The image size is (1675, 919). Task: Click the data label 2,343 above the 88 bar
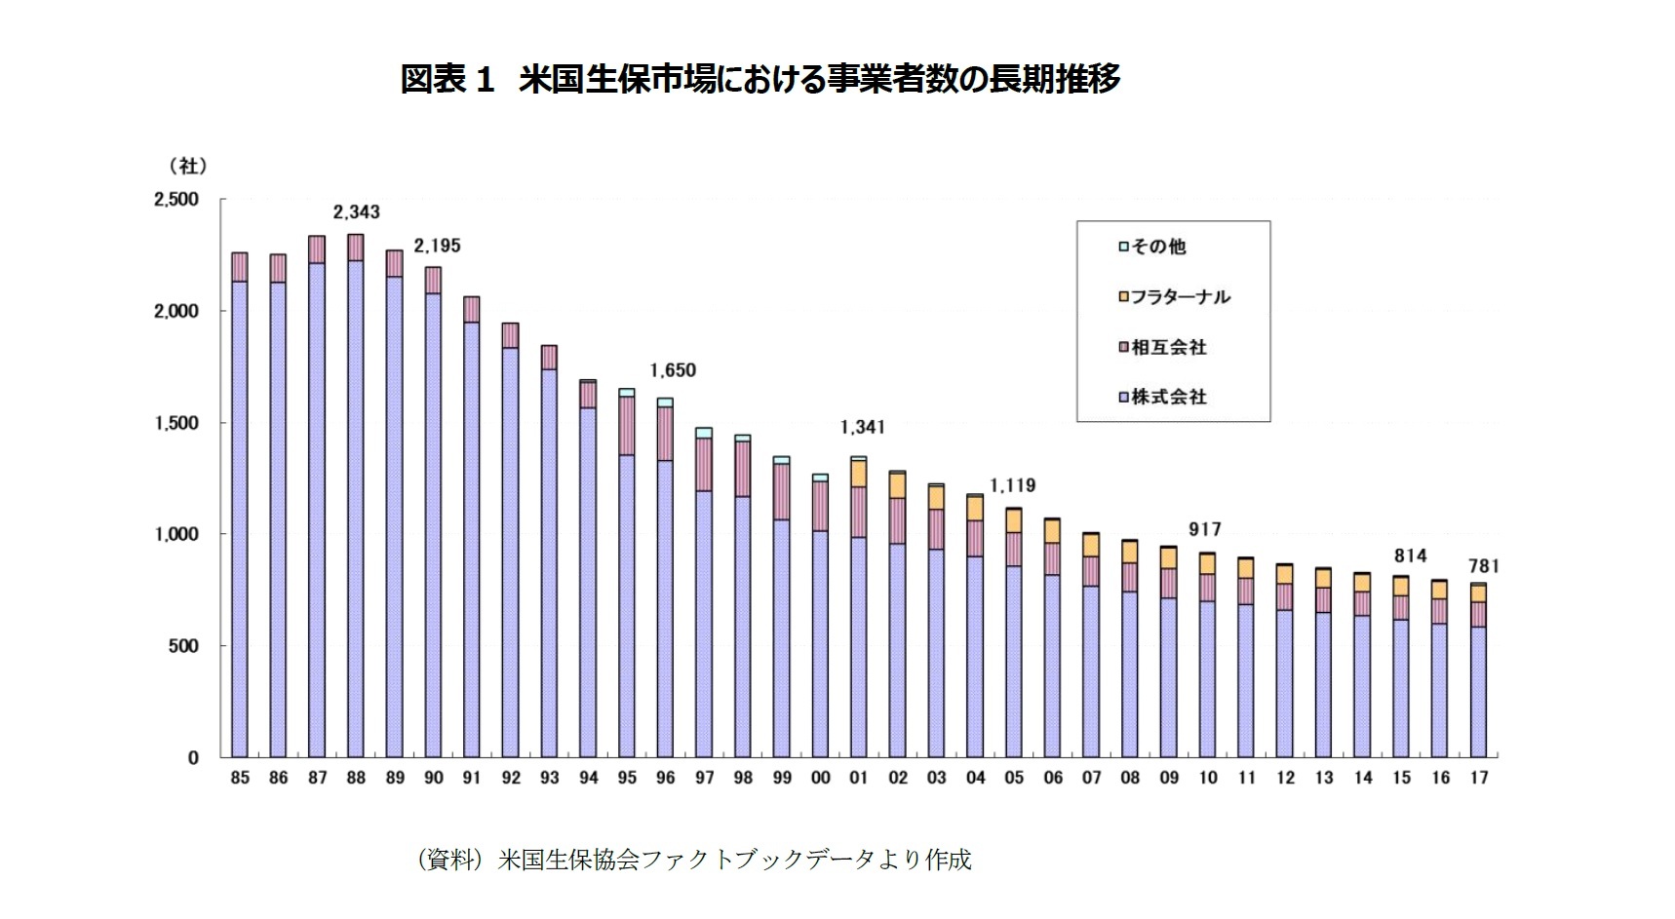coord(356,211)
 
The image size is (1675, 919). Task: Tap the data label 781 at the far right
coord(1483,566)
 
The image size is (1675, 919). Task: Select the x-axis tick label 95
coord(627,778)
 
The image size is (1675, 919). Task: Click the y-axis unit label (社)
coord(187,166)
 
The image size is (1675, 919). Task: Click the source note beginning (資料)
coord(693,860)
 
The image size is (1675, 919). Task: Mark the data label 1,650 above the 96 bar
coord(673,370)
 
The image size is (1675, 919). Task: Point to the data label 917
coord(1205,529)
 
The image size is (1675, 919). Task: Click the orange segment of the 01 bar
coord(859,474)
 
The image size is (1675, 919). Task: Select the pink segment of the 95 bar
coord(627,426)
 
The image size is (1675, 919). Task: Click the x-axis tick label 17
coord(1479,778)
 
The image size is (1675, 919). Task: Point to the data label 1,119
coord(1013,485)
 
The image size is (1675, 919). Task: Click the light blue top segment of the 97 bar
coord(704,433)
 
